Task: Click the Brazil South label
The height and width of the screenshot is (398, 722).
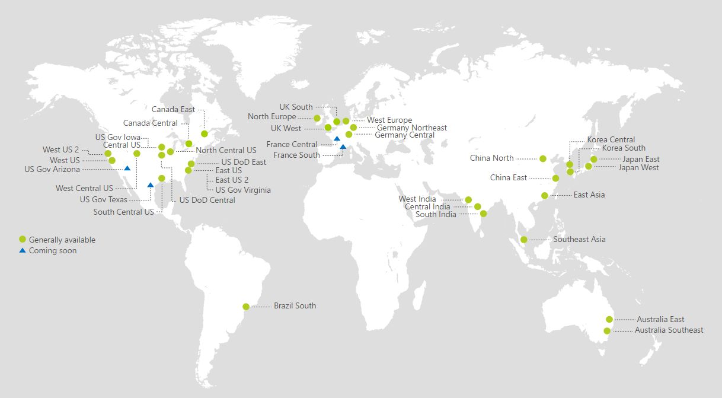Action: pos(295,306)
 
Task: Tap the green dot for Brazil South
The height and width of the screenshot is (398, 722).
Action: pos(246,307)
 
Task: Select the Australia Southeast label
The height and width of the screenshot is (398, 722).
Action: pos(669,330)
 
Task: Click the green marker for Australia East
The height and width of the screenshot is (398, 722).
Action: pos(609,320)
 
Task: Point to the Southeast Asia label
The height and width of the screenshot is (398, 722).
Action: pos(579,240)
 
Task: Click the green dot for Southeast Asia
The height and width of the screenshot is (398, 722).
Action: pos(524,240)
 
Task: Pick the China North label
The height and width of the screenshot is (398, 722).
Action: pos(491,158)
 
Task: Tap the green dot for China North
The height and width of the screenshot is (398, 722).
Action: pos(543,159)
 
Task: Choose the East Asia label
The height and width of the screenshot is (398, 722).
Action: pos(589,195)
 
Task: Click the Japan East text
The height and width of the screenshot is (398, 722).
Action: pos(641,160)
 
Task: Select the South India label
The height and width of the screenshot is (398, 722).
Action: pos(436,215)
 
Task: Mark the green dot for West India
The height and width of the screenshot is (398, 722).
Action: pos(468,200)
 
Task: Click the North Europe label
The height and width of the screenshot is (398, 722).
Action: pos(271,117)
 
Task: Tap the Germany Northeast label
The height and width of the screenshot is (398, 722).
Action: pos(411,128)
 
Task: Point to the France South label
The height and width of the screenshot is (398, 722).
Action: pos(296,155)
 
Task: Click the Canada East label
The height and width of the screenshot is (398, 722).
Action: pos(173,110)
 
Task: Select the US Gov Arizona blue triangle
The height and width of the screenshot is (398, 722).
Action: pos(127,168)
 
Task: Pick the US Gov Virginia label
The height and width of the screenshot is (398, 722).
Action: pos(243,190)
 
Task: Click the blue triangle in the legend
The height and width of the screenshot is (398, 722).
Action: pos(23,251)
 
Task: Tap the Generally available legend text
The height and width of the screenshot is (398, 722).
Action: pos(62,240)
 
